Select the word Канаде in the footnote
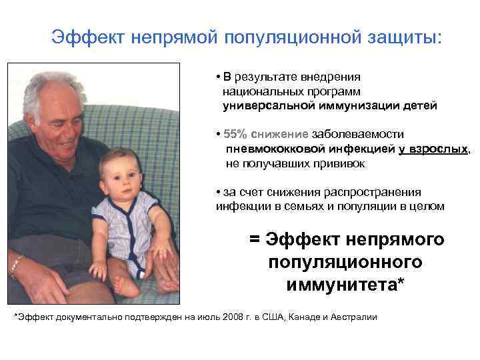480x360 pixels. (x=300, y=317)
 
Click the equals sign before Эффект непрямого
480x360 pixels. (x=255, y=239)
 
